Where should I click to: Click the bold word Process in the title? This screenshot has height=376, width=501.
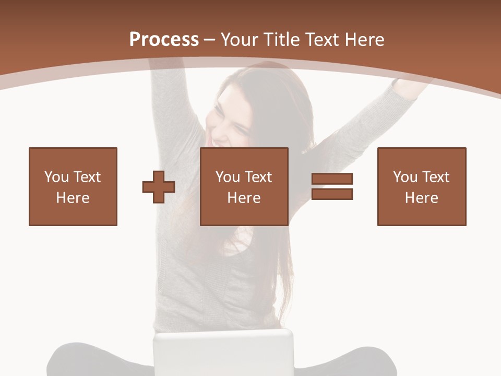tap(164, 40)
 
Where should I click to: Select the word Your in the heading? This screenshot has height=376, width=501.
tap(238, 40)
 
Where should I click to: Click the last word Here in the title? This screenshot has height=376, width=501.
tap(365, 40)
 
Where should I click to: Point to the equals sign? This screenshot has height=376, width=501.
tap(332, 186)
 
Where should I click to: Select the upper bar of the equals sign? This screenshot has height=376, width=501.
tap(332, 179)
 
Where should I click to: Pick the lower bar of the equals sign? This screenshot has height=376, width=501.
tap(332, 194)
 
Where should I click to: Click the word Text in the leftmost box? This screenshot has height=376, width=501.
tap(87, 177)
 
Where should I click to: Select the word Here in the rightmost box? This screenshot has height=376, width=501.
tap(422, 198)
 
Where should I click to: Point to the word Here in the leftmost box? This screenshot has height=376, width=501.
tap(73, 198)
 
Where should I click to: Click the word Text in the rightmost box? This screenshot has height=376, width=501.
tap(436, 177)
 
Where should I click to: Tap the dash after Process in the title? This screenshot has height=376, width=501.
tap(210, 40)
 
